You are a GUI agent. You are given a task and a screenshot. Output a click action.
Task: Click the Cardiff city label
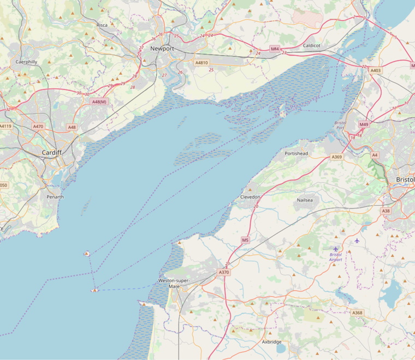(x=51, y=153)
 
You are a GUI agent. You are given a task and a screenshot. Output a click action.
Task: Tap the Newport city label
(x=162, y=49)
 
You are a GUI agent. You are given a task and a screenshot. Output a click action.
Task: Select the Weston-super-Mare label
(x=174, y=283)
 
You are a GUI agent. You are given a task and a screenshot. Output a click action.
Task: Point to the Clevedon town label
(x=251, y=196)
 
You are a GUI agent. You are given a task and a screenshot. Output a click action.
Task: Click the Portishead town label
(x=296, y=154)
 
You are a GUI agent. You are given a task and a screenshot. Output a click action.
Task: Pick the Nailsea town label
(x=305, y=200)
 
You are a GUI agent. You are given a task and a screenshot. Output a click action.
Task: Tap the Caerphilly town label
(x=26, y=62)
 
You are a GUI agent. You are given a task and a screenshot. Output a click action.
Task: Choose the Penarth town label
(x=55, y=196)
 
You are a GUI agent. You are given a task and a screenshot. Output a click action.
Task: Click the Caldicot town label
(x=312, y=46)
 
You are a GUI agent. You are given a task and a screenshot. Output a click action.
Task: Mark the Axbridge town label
(x=271, y=342)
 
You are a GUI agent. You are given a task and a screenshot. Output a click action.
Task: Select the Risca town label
(x=102, y=25)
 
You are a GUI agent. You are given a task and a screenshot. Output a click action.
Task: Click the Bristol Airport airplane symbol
(x=336, y=249)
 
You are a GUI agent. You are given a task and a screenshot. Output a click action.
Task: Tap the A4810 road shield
(x=202, y=63)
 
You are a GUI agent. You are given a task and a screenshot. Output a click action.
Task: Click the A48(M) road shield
(x=99, y=101)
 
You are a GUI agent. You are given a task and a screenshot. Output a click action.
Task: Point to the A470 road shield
(x=38, y=127)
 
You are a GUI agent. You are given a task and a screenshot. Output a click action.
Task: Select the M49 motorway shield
(x=364, y=125)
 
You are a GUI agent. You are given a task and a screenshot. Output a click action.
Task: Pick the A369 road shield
(x=337, y=157)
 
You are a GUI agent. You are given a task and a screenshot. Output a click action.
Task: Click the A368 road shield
(x=357, y=313)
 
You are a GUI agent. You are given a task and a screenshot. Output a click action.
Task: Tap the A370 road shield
(x=224, y=272)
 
